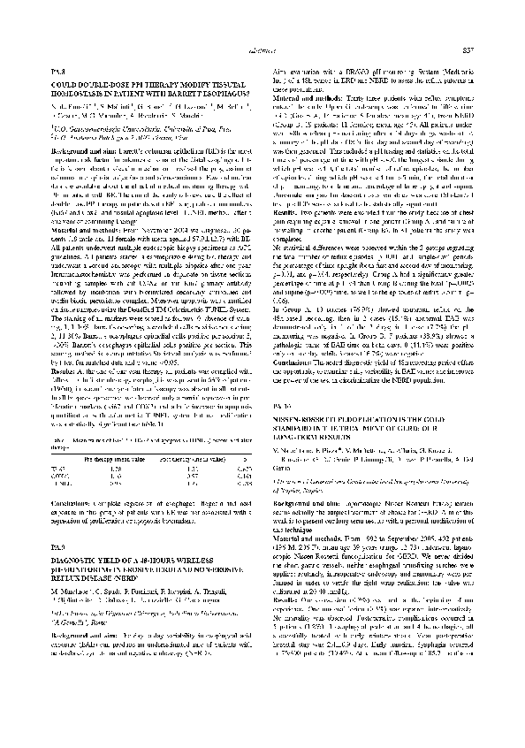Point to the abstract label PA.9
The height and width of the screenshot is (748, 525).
click(x=60, y=451)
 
